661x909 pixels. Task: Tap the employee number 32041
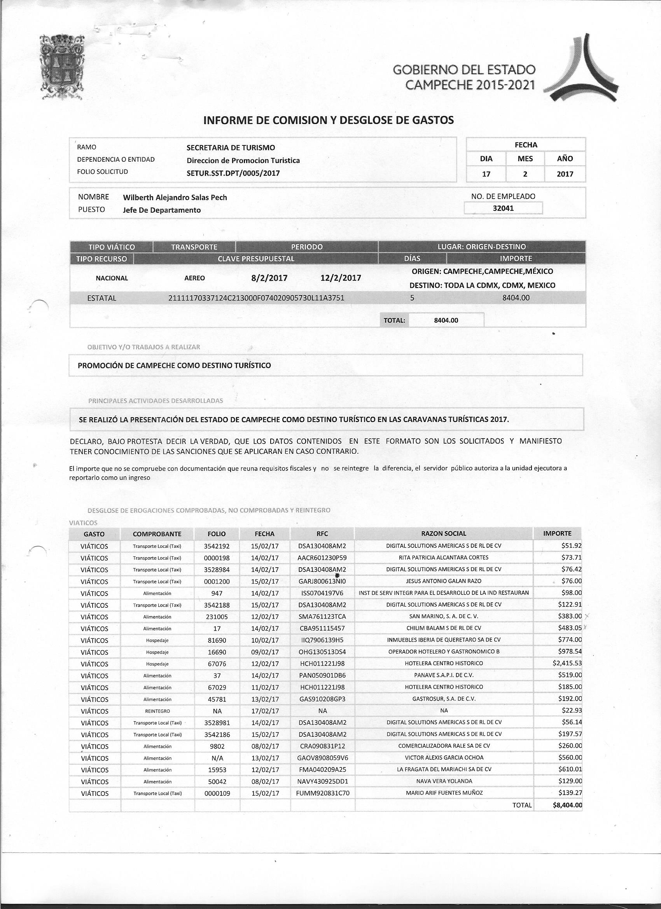point(503,208)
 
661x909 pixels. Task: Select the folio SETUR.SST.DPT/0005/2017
point(233,173)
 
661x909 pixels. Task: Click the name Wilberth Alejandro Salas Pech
point(175,197)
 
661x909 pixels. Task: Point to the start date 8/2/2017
point(269,278)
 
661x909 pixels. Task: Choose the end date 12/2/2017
point(341,278)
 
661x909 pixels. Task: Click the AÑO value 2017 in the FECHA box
point(565,174)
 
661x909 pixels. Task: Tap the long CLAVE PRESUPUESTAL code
point(257,298)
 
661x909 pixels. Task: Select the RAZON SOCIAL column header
point(443,533)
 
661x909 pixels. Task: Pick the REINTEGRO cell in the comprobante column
point(157,711)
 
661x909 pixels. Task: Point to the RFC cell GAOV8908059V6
point(322,757)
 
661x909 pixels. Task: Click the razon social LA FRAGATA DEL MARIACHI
point(444,769)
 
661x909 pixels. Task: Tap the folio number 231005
point(217,616)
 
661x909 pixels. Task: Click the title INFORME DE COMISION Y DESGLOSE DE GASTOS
point(329,120)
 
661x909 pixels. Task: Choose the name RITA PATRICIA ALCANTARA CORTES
point(443,557)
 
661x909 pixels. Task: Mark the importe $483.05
point(569,628)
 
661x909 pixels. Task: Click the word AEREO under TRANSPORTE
point(194,278)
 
